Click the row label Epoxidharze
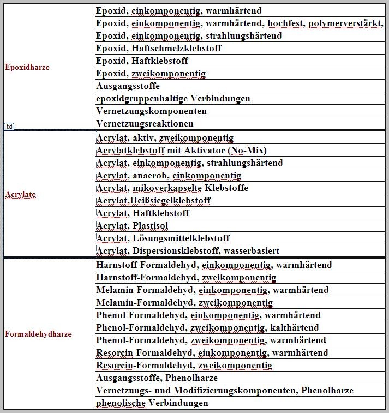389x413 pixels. [x=27, y=68]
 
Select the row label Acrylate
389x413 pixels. [x=21, y=194]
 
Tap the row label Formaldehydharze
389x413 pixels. [x=38, y=334]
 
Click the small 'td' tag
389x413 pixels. [x=9, y=126]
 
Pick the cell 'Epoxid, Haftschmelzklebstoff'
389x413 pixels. [x=151, y=49]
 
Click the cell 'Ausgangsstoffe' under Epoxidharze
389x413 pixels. [x=128, y=86]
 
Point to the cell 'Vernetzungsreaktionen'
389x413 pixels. [x=145, y=124]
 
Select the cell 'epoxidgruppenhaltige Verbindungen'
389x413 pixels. [x=173, y=99]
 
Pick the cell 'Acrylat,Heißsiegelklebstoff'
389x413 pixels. [x=153, y=201]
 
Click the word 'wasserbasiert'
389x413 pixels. [x=252, y=251]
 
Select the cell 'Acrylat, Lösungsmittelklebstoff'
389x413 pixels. [x=163, y=238]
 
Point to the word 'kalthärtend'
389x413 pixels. [x=294, y=328]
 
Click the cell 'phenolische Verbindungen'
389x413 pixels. [x=152, y=403]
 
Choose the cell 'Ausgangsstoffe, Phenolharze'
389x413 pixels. [x=157, y=378]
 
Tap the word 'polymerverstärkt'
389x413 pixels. [x=344, y=23]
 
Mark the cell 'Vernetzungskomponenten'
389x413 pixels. [x=151, y=111]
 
